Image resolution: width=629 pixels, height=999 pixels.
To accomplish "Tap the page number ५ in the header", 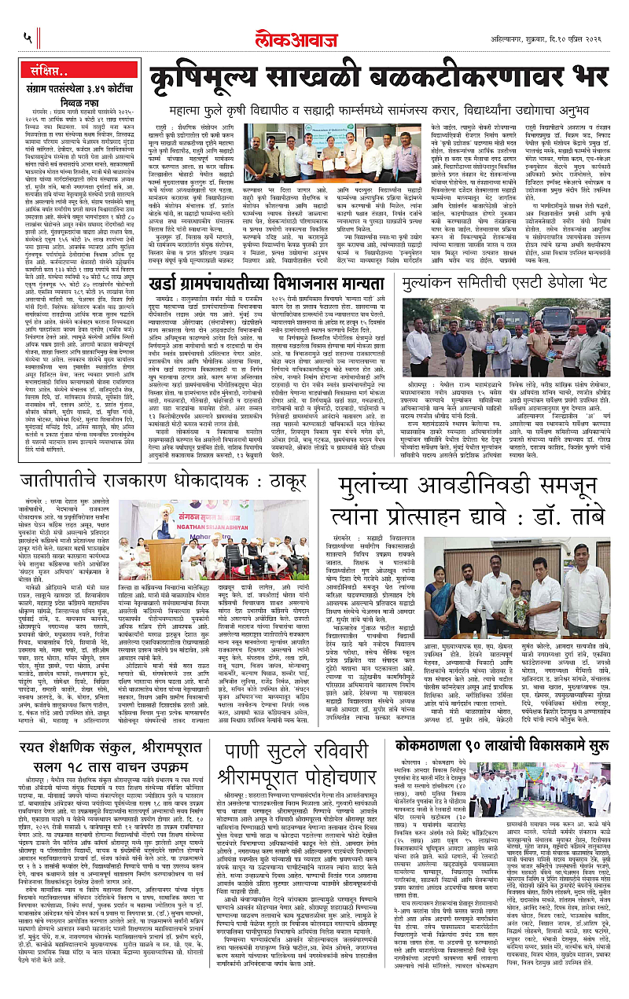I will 27,38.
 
